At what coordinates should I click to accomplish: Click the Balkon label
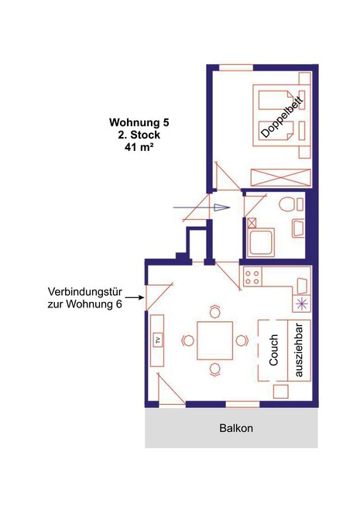(236, 428)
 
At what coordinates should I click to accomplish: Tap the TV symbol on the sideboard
(158, 341)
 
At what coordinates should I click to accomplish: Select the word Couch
(273, 350)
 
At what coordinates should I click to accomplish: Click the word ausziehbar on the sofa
(299, 350)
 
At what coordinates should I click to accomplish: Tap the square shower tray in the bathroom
(261, 242)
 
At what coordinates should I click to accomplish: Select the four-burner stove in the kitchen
(252, 277)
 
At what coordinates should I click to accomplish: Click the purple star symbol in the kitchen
(302, 304)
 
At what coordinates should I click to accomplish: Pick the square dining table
(214, 341)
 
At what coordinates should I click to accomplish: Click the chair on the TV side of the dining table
(187, 341)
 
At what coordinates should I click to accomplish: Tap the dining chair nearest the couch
(242, 341)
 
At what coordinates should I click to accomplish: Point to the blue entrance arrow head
(221, 207)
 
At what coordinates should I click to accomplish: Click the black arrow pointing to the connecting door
(135, 297)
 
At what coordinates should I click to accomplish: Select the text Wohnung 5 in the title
(139, 122)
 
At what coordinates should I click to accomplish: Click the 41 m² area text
(139, 146)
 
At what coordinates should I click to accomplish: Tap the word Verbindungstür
(84, 291)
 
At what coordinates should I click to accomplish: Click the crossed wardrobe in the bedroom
(280, 178)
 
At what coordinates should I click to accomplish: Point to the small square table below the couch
(280, 391)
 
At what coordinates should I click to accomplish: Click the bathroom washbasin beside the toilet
(298, 228)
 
